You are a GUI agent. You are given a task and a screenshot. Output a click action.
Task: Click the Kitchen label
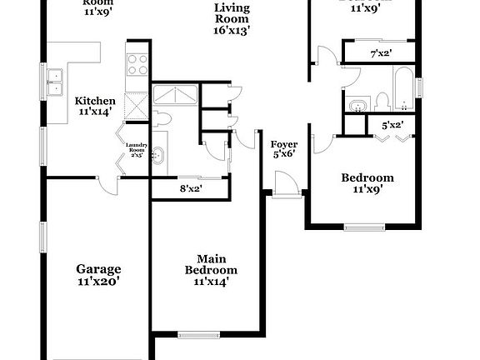(x=97, y=101)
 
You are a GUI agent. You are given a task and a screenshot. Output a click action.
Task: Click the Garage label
(x=98, y=269)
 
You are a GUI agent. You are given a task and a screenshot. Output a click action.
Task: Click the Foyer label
(x=285, y=144)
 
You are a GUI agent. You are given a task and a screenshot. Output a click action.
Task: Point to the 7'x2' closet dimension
(x=381, y=53)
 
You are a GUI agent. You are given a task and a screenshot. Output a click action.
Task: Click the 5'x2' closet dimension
(x=392, y=126)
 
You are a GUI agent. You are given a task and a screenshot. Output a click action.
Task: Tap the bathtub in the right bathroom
(x=404, y=93)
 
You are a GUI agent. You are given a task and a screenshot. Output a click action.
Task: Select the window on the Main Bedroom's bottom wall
(x=197, y=335)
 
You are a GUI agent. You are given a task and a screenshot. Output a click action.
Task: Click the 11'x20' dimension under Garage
(x=98, y=282)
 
